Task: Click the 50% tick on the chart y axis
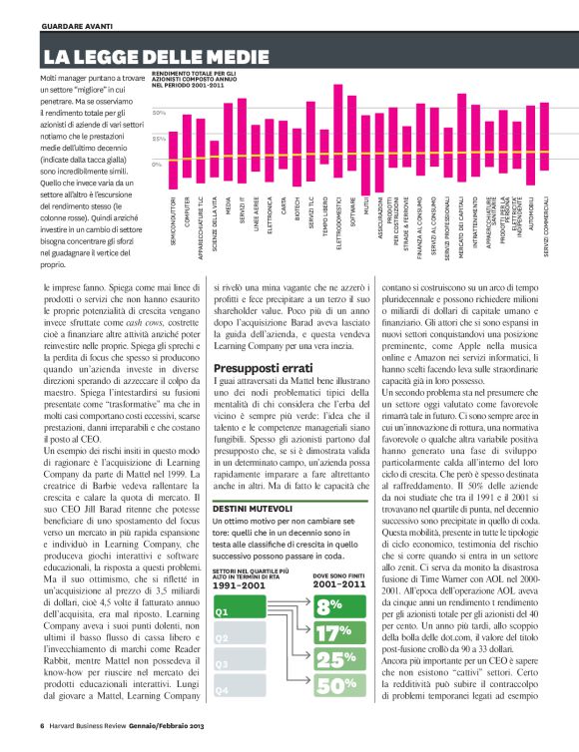click(159, 113)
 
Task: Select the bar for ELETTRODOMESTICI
click(337, 150)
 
